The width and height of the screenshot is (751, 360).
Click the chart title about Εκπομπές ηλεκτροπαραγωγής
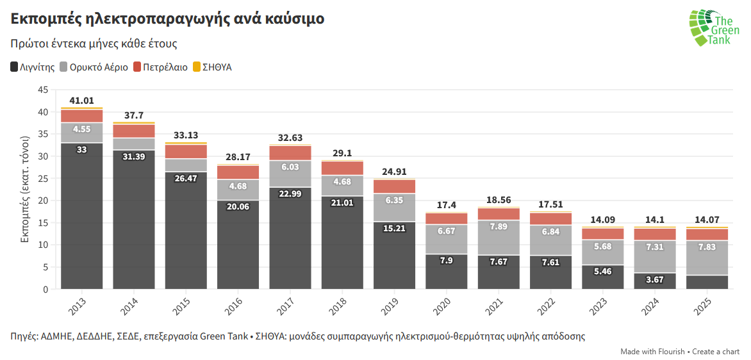coord(167,19)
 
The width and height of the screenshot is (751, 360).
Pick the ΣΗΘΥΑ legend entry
coord(212,67)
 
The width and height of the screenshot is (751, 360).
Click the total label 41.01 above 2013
coord(82,101)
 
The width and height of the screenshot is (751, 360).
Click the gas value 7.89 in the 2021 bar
coord(499,226)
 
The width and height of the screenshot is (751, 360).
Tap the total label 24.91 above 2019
coord(394,172)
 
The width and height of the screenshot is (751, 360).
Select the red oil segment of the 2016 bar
coord(238,172)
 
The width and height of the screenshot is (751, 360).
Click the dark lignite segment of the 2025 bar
coord(707,282)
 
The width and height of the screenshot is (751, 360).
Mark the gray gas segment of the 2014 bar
coord(134,143)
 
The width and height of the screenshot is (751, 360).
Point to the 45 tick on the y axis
coord(43,90)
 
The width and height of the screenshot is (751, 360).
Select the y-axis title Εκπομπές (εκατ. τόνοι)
coord(26,190)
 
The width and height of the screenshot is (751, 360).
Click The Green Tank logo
coord(714,28)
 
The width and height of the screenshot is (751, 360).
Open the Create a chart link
coord(716,352)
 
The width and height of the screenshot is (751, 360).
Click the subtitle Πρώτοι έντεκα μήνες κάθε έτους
coord(94,44)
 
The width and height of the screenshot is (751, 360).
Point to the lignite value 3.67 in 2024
coord(654,279)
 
